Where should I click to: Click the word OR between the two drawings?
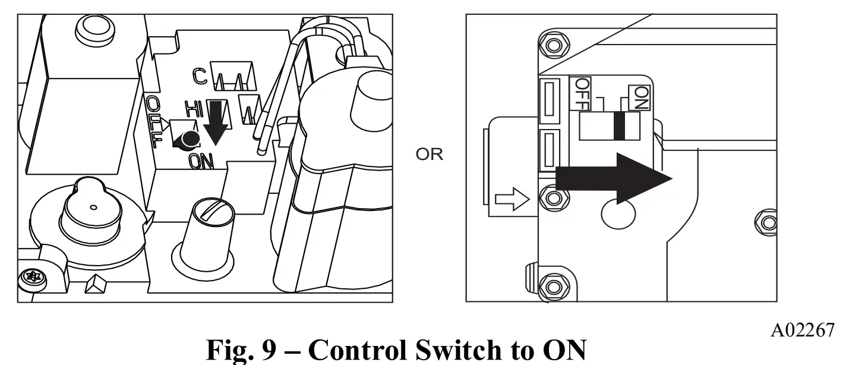tap(429, 155)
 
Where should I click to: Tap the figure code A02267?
tap(801, 331)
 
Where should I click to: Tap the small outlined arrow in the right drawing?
tap(512, 200)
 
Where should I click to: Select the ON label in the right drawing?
tap(640, 96)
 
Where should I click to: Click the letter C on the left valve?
tap(200, 75)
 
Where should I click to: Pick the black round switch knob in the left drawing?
tap(189, 139)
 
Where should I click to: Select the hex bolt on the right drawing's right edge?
tap(769, 223)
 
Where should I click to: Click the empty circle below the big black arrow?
tap(618, 212)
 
